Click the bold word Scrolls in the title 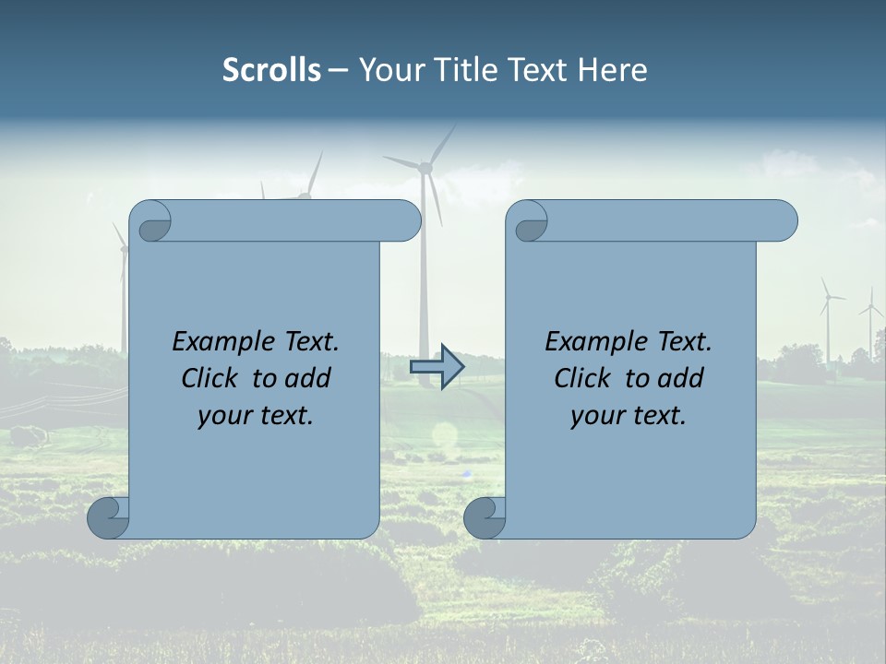point(271,70)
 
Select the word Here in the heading point(613,70)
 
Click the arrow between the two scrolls point(437,367)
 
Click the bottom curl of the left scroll point(107,518)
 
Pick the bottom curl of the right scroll point(484,518)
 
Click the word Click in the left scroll point(210,378)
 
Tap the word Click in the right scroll point(582,378)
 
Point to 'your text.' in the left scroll point(256,416)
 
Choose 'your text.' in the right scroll point(629,416)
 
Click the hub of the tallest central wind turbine point(425,168)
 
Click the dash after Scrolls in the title point(338,70)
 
